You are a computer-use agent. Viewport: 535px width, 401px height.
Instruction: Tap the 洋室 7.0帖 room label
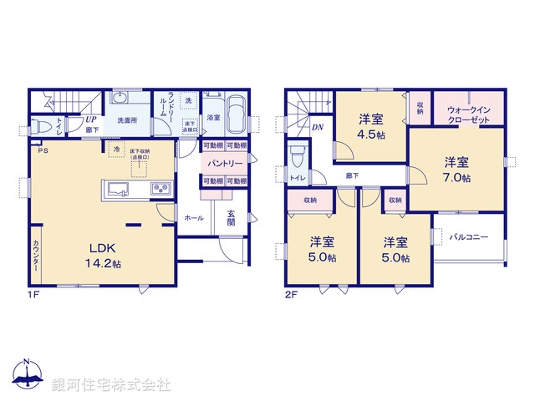tap(456, 169)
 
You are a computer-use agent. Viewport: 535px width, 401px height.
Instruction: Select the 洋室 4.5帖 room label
tap(371, 125)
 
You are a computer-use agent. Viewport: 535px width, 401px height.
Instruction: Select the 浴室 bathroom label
tap(213, 118)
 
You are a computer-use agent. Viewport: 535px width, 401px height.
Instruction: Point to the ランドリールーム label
tap(171, 109)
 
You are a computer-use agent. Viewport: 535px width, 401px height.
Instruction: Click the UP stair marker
tap(90, 119)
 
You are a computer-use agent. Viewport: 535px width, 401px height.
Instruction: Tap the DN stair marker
tap(318, 127)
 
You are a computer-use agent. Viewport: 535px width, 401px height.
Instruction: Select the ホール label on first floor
tap(192, 217)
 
